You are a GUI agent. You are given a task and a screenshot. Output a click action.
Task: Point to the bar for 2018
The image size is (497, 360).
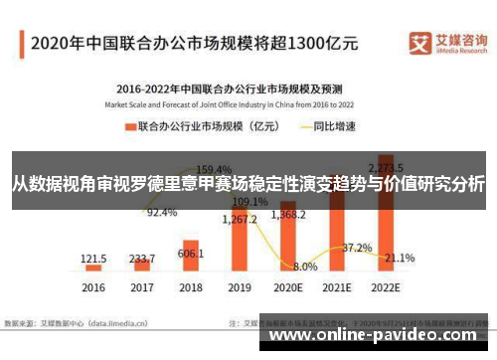coord(191,254)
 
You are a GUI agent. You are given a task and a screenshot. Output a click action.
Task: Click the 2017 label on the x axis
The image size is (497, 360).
coord(142,287)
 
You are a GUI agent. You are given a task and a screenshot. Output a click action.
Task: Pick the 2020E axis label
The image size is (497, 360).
coord(288,287)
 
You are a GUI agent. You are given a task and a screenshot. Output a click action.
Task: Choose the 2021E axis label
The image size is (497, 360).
coord(337,287)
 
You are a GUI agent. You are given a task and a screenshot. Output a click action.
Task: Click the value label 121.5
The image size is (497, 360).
coord(94,258)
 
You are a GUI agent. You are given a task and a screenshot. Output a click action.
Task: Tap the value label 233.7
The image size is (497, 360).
coord(142,257)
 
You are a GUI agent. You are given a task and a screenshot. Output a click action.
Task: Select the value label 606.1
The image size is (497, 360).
coord(191,226)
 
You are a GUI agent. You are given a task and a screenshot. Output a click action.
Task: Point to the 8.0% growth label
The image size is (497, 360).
coord(305,267)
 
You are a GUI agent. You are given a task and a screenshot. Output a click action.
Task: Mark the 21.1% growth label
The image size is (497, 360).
coord(400,258)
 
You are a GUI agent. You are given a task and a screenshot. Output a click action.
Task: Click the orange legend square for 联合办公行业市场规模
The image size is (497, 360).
coord(129,127)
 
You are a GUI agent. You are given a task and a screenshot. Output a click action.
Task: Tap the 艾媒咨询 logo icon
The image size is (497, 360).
coord(419,42)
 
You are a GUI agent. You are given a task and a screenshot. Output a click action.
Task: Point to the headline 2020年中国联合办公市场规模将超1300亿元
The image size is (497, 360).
coord(194,43)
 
